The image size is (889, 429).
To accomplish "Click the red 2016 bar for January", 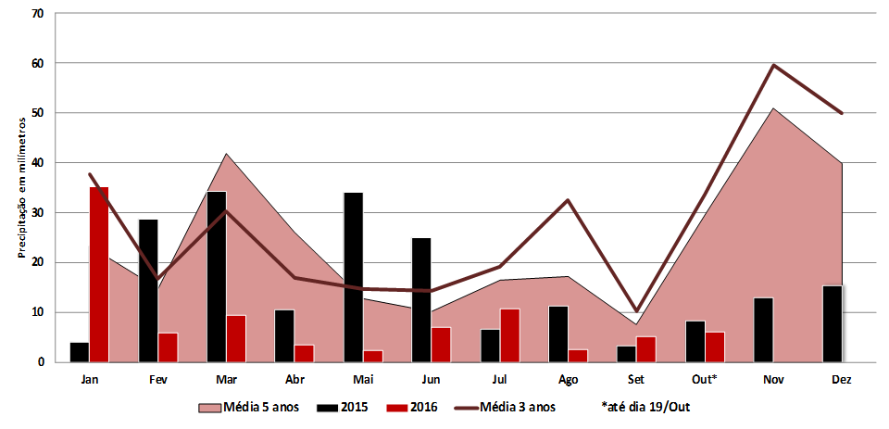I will [x=99, y=274].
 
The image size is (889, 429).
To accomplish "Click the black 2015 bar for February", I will [x=148, y=290].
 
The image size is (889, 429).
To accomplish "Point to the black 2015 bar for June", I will [x=421, y=299].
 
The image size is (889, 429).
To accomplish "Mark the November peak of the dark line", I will [x=773, y=65].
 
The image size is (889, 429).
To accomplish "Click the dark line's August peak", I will [x=568, y=200].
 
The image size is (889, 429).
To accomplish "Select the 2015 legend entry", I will [x=347, y=407].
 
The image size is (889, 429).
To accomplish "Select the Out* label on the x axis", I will [x=704, y=379].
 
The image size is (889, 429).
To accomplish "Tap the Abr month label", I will [x=294, y=379].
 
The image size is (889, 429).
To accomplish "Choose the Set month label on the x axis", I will [x=636, y=379].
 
